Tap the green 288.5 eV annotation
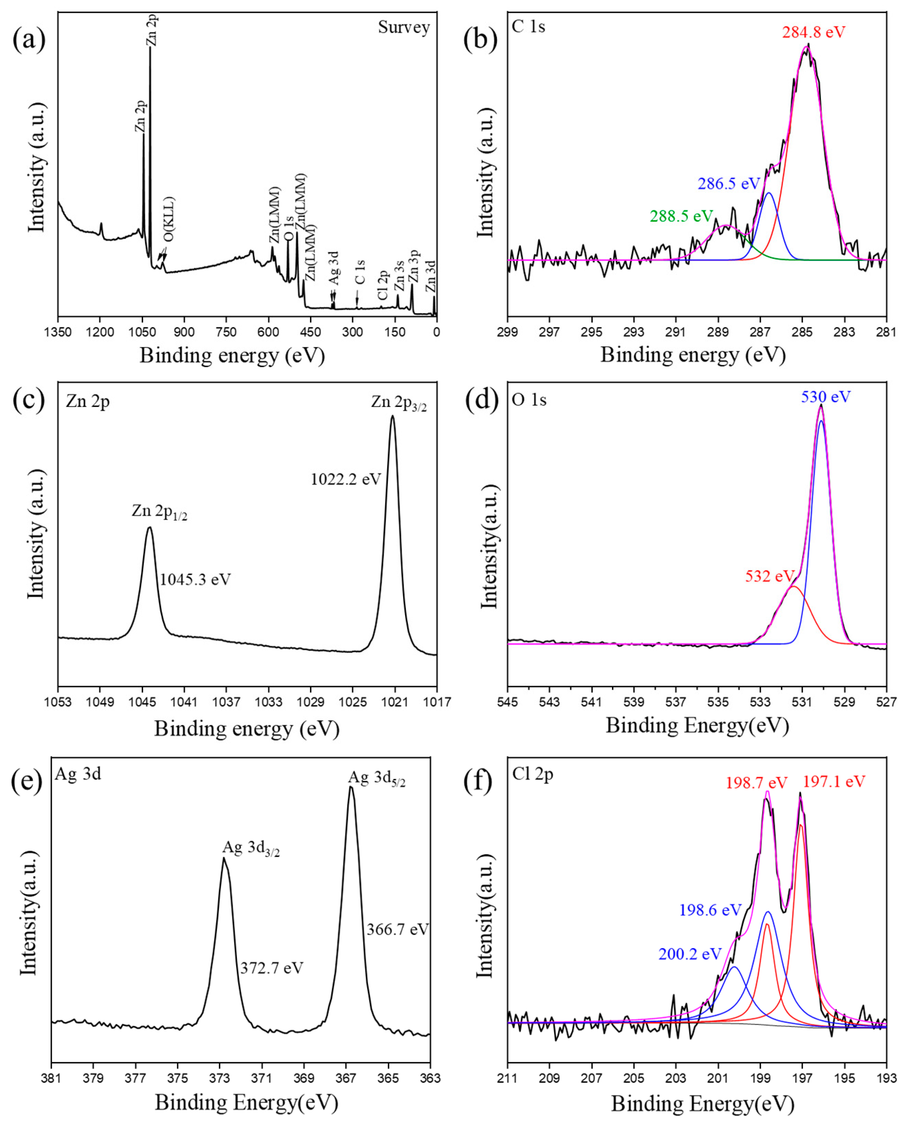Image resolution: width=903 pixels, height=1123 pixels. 681,216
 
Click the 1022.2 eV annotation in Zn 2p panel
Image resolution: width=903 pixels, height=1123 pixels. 345,479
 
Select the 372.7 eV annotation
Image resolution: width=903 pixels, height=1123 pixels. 271,968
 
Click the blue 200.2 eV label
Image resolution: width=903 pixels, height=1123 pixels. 689,954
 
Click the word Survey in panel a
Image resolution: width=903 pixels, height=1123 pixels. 404,27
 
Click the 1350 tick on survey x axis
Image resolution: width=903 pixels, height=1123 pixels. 58,332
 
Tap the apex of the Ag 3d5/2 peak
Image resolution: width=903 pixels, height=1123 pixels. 351,787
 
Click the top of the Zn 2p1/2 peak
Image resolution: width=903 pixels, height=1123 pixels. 150,528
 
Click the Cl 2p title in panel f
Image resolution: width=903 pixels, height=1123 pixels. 532,775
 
